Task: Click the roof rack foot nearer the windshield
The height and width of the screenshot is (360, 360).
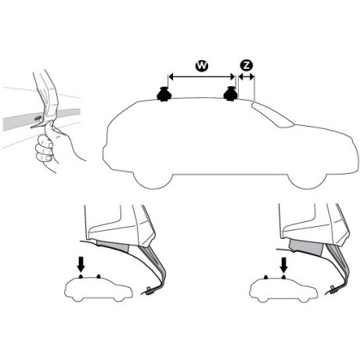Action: click(231, 95)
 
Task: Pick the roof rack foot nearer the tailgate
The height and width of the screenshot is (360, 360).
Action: click(166, 95)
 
